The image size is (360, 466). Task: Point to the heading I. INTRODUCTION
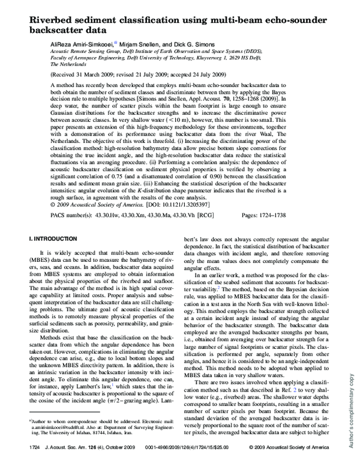[50, 239]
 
